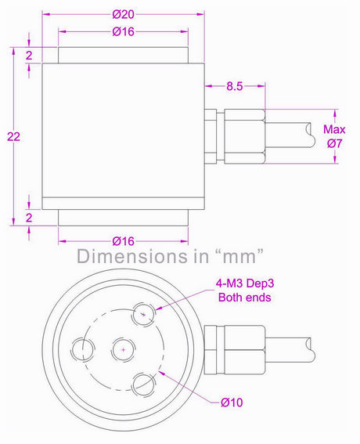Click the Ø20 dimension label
[x=123, y=13]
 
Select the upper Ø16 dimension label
[x=123, y=32]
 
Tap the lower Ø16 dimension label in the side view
[x=123, y=240]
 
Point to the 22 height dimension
[x=13, y=136]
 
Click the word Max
[x=334, y=129]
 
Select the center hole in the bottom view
[x=121, y=347]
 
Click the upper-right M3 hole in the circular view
[x=142, y=314]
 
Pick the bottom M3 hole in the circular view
[x=141, y=382]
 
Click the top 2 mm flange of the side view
[x=123, y=56]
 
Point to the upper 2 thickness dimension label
[x=28, y=56]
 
